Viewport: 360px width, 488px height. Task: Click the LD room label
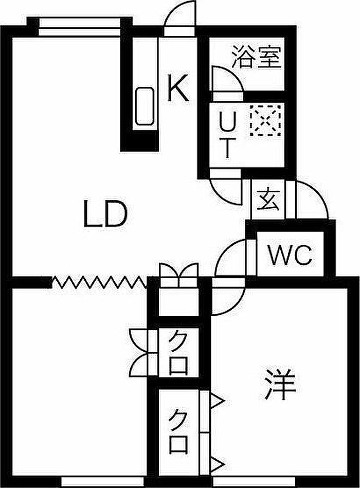pyautogui.click(x=105, y=213)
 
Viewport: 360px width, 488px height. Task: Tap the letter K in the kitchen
pyautogui.click(x=178, y=88)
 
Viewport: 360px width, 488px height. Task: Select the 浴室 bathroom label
pyautogui.click(x=257, y=57)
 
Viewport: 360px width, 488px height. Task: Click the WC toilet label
pyautogui.click(x=290, y=255)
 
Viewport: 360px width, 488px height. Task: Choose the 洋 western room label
pyautogui.click(x=279, y=384)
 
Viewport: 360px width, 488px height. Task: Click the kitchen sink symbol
pyautogui.click(x=145, y=106)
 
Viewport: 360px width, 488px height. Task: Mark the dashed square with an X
pyautogui.click(x=265, y=120)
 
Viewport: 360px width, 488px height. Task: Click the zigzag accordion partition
pyautogui.click(x=99, y=282)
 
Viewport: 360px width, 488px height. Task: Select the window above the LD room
pyautogui.click(x=80, y=27)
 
